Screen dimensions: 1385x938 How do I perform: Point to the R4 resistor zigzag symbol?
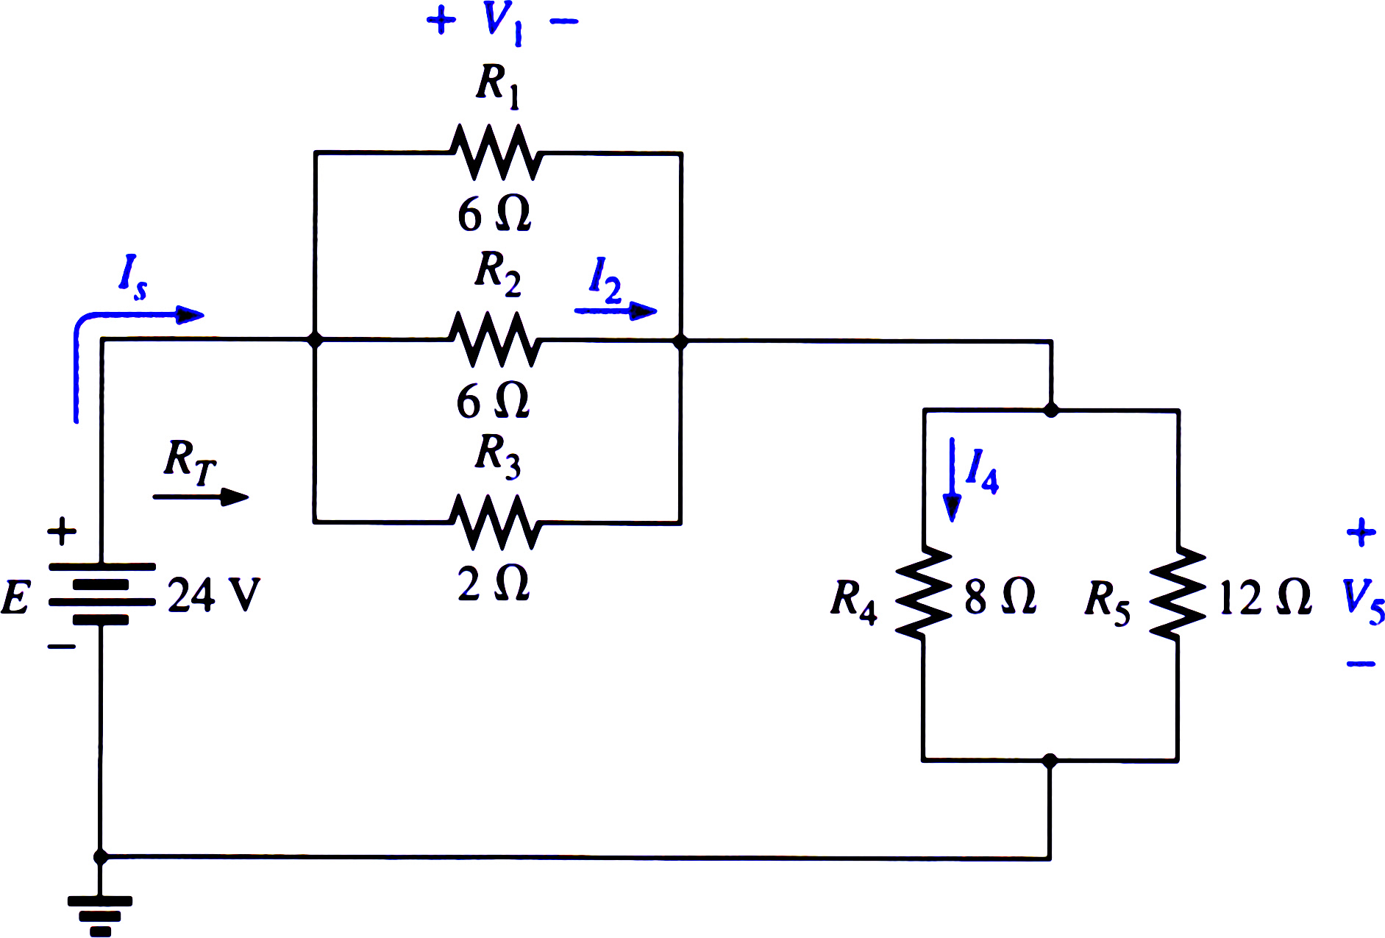click(923, 591)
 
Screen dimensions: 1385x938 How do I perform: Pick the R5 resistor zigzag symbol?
click(1178, 591)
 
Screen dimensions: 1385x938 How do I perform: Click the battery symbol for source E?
click(102, 593)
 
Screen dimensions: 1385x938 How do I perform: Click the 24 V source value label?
click(214, 594)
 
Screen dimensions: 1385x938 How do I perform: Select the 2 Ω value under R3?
click(494, 584)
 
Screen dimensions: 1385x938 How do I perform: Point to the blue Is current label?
click(133, 277)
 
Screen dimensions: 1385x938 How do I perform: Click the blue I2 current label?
click(605, 280)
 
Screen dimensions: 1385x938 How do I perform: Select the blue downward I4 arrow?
click(953, 480)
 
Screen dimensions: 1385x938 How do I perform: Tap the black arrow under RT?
click(201, 497)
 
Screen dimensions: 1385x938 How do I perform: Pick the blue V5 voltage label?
click(1363, 601)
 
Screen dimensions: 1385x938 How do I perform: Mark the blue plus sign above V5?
click(1361, 532)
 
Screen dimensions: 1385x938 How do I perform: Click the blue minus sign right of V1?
click(564, 21)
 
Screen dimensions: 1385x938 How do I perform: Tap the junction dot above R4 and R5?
click(1051, 410)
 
